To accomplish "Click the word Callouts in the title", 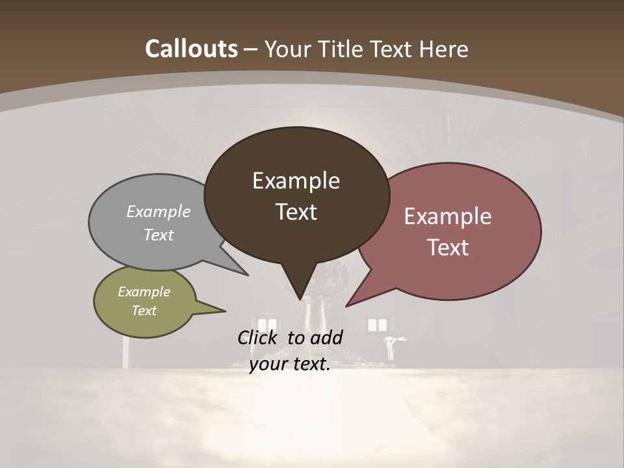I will [x=191, y=49].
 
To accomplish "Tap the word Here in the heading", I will [x=445, y=49].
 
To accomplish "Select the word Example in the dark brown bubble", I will [x=296, y=181].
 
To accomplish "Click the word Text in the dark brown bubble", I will [x=296, y=212].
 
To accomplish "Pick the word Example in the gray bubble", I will [x=159, y=211].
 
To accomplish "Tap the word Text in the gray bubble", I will [x=159, y=235].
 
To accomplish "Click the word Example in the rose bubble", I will [x=448, y=216].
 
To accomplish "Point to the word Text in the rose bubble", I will [x=448, y=248].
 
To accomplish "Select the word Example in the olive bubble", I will [x=144, y=292].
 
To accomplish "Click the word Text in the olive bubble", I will [x=144, y=311].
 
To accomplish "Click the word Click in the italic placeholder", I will [x=257, y=337].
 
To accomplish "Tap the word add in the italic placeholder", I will [x=326, y=337].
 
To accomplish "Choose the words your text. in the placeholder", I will [x=290, y=364].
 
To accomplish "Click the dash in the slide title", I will [x=251, y=49].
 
